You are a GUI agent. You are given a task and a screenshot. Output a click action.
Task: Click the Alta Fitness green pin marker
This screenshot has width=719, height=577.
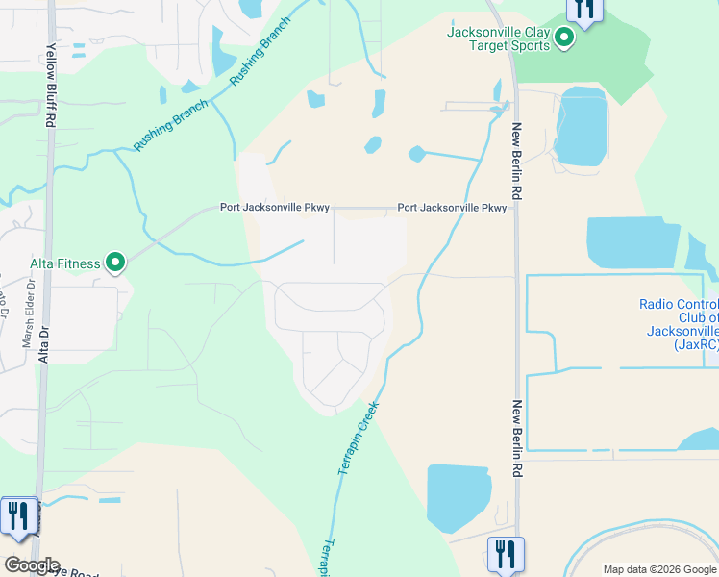(x=115, y=263)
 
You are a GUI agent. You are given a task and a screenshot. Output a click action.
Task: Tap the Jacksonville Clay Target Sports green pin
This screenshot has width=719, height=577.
(x=564, y=38)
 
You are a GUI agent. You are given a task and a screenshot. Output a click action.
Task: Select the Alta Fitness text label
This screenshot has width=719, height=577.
(x=64, y=263)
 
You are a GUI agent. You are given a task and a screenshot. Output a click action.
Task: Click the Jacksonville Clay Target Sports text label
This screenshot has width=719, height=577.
(x=499, y=38)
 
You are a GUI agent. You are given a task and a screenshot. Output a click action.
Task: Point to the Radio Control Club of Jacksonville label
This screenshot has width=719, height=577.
(x=679, y=323)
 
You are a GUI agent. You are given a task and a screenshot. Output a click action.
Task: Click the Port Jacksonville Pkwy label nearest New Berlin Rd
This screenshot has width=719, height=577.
(x=453, y=208)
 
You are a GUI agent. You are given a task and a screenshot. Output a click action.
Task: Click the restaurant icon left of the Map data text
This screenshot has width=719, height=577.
(x=506, y=555)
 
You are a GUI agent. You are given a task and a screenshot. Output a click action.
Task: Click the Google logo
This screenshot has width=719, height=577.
(x=31, y=565)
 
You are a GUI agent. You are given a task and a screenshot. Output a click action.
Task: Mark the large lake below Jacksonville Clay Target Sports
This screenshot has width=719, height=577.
(x=582, y=125)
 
